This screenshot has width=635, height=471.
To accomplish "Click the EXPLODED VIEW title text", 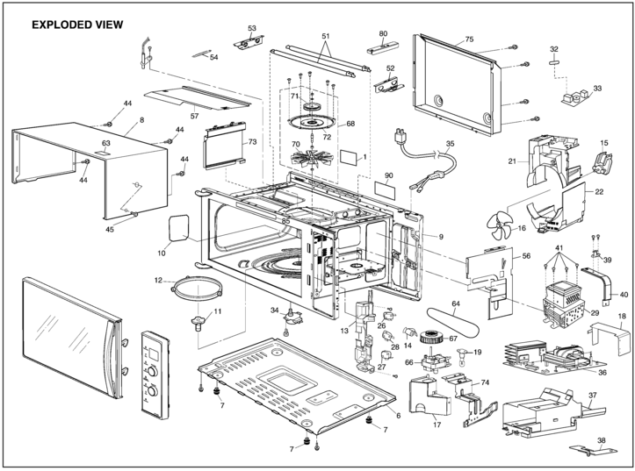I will tap(76, 25).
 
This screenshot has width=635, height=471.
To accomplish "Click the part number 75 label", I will tap(469, 39).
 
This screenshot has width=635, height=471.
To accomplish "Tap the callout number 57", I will tap(195, 116).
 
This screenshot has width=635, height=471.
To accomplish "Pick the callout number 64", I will tap(456, 306).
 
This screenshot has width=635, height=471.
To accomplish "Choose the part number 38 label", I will tap(602, 441).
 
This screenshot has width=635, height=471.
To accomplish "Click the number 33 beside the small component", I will tap(597, 89).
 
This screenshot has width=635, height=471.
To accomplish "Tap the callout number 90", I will tap(389, 176).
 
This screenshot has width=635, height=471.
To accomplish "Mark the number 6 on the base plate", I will tap(398, 414).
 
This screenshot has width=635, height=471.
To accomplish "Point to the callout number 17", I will tap(436, 427).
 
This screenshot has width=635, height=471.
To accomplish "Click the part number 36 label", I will tap(603, 372).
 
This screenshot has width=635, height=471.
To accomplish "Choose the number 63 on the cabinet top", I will tap(106, 142).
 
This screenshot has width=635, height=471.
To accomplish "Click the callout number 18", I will tap(622, 316).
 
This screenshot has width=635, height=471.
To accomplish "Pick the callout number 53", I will tap(252, 29).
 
